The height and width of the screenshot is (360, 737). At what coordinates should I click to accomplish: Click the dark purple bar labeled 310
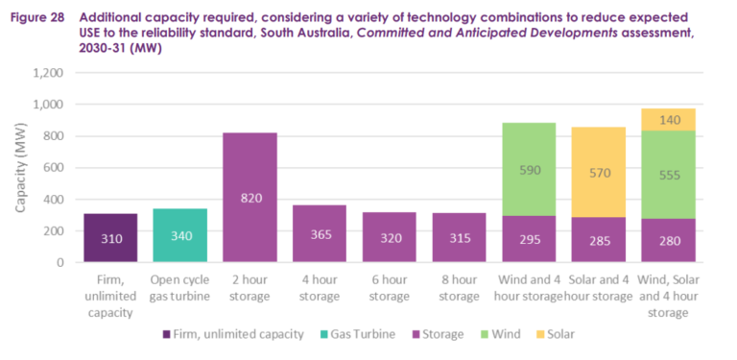point(110,237)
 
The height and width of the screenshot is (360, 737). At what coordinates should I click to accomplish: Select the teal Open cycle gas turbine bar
point(179,235)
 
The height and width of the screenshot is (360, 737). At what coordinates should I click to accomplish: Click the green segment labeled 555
point(668,175)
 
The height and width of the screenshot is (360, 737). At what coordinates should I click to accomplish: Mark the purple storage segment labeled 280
point(668,240)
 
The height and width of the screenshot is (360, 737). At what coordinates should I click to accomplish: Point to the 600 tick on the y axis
point(54,168)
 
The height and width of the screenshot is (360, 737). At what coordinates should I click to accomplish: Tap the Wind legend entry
point(513,334)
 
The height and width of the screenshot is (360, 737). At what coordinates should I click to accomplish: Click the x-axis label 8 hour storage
point(459,287)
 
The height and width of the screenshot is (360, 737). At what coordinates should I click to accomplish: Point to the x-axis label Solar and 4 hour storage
point(599,287)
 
